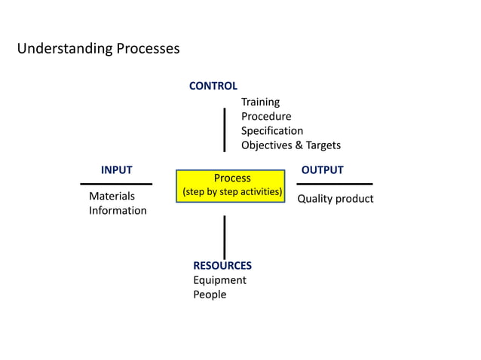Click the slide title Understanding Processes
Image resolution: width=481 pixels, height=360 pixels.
coord(98,49)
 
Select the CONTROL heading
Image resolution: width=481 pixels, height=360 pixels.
coord(213,87)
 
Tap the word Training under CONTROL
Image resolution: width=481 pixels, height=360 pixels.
coord(260,102)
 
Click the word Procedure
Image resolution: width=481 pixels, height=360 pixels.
coord(266,116)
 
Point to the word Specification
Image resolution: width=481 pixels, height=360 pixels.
coord(272,130)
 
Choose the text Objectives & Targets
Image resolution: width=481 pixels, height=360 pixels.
coord(291,145)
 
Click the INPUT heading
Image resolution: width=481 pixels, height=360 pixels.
coord(116,170)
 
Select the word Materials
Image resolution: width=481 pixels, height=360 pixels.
coord(112,197)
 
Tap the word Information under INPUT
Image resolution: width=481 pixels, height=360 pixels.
coord(118,211)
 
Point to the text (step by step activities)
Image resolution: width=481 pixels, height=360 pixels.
coord(232,193)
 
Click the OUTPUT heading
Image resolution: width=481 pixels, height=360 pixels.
coord(322,170)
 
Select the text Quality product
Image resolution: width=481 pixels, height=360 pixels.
coord(335,199)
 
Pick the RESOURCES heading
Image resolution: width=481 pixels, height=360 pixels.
coord(222,266)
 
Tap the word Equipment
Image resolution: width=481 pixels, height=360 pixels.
coord(219,280)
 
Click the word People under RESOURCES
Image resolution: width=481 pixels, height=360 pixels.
coord(210,294)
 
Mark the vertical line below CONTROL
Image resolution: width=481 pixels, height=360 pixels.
coord(225,130)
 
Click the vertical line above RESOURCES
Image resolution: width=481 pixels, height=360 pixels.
coord(225,236)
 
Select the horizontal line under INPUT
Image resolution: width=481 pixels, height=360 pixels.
coord(116,184)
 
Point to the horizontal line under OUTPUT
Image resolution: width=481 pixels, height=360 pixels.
coord(334,184)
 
